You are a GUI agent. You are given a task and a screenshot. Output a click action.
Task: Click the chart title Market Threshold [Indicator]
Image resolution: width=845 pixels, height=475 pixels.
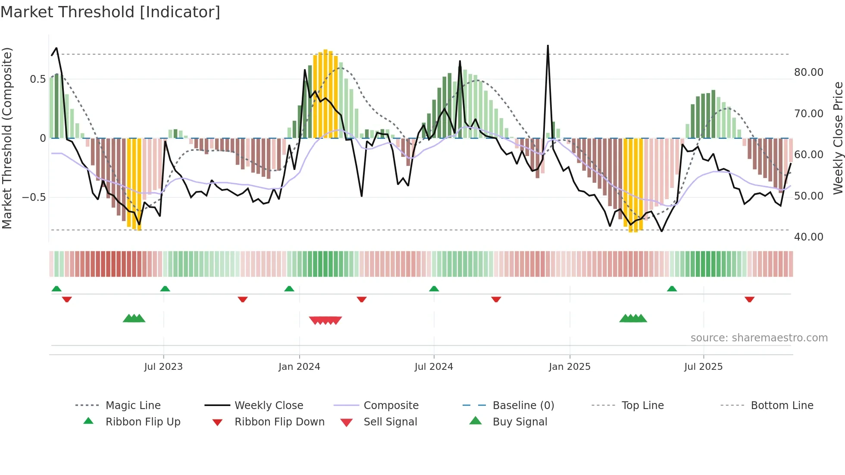110,12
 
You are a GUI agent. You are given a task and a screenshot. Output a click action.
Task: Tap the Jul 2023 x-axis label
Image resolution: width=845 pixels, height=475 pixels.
163,367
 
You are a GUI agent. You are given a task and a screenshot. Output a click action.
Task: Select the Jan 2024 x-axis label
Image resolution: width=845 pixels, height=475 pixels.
299,367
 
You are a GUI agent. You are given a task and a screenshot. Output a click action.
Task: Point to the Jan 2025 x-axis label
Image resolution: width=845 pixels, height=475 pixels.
570,367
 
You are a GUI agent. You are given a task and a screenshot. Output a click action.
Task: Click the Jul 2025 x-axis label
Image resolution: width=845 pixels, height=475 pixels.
703,367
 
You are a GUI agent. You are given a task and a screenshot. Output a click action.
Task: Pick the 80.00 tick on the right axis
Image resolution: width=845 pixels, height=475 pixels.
809,72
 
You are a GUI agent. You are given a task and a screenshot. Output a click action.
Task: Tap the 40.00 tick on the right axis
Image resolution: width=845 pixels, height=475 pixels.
809,237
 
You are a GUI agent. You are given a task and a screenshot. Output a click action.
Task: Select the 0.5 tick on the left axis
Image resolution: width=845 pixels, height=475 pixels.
38,79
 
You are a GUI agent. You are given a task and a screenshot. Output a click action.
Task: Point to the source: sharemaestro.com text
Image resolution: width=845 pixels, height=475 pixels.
759,338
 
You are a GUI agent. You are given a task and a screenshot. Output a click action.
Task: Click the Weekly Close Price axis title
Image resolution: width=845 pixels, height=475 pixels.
838,138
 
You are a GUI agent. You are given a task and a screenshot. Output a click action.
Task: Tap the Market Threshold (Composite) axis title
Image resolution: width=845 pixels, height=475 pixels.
7,138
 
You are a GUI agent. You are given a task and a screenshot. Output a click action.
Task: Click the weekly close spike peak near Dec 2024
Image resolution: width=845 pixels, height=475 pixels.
548,46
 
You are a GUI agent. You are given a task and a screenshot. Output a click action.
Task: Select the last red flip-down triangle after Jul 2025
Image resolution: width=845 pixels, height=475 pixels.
749,299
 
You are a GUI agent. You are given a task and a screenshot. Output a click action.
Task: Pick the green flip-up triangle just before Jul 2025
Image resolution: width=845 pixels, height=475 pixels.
672,289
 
